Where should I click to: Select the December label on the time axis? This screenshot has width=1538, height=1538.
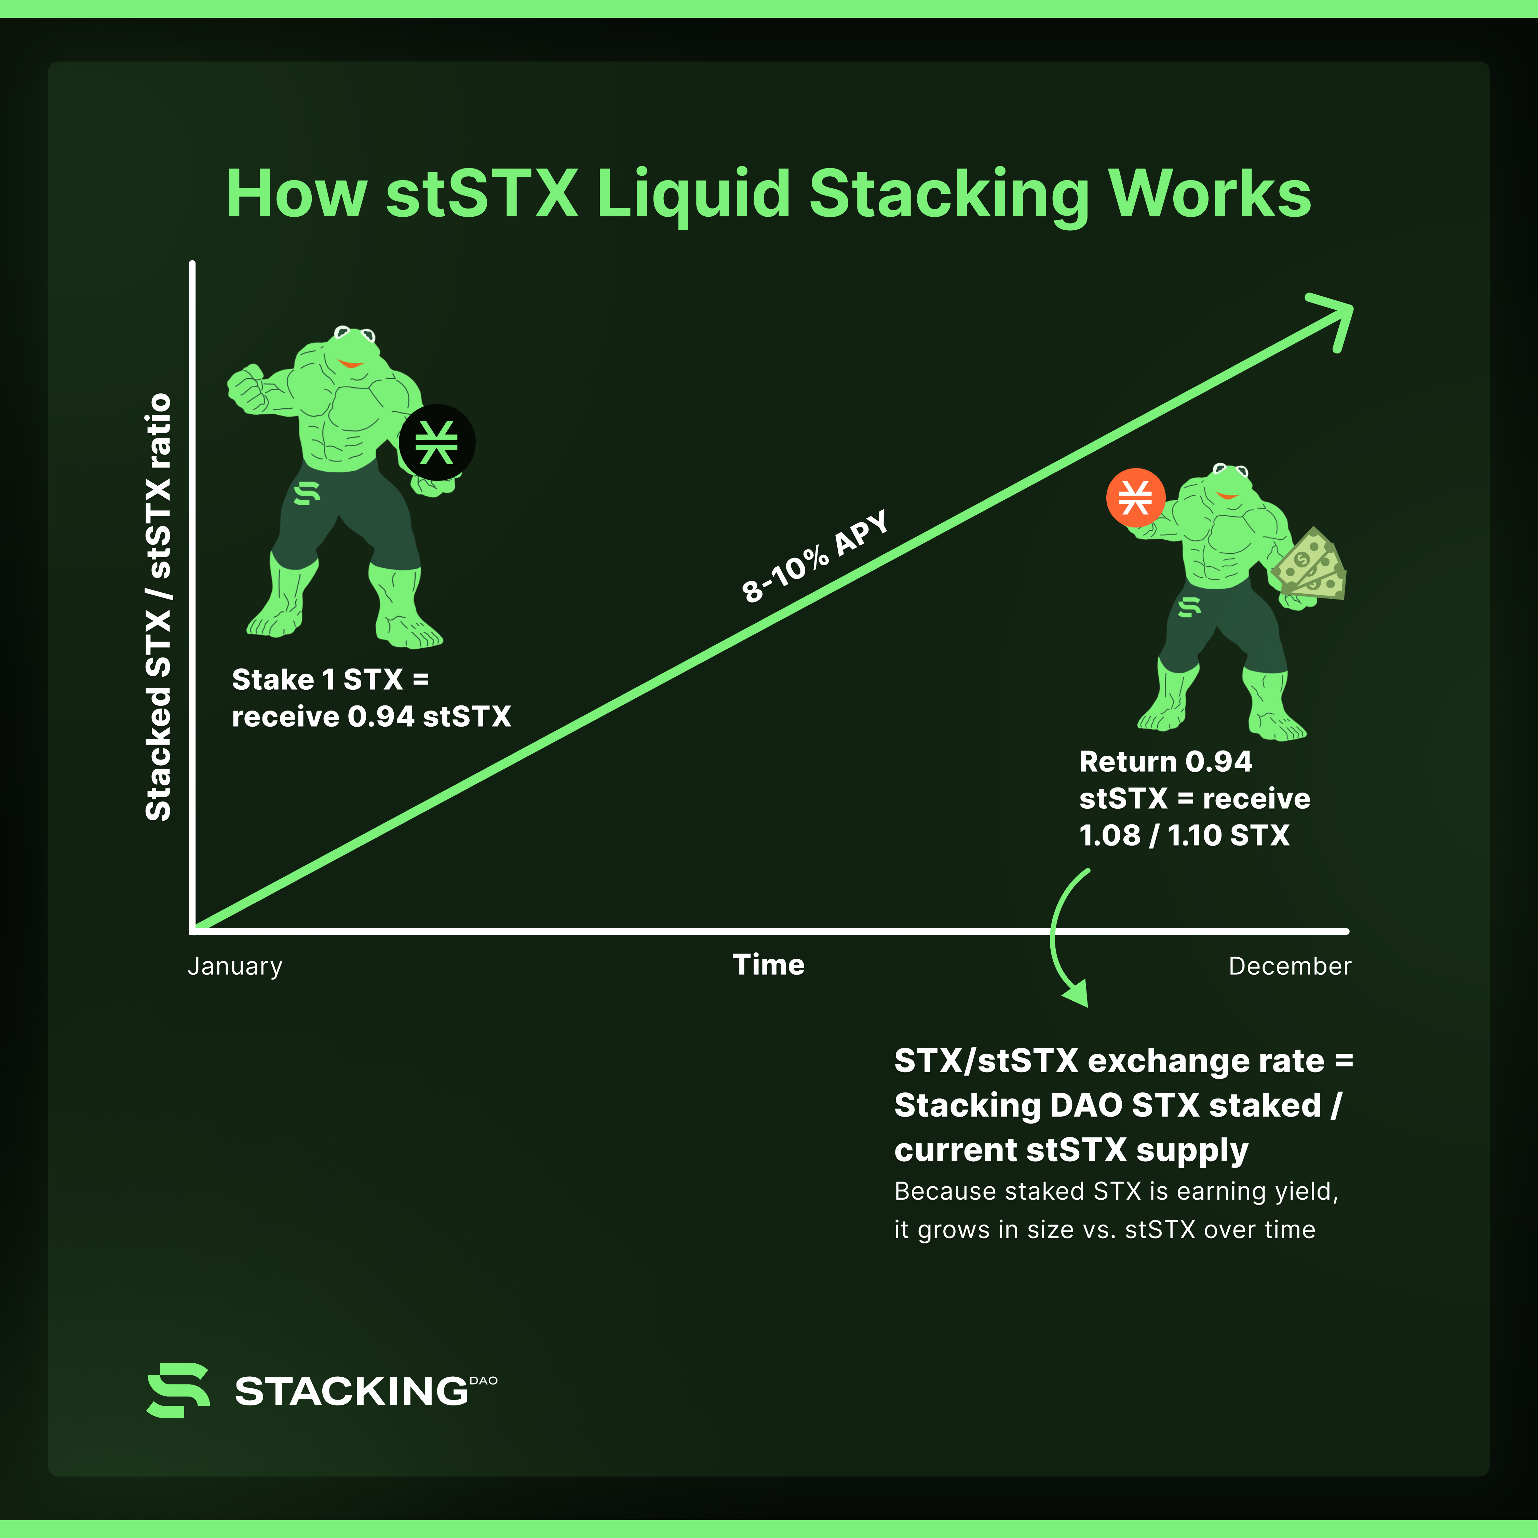[x=1290, y=966]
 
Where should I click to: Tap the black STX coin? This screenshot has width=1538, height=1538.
[x=437, y=443]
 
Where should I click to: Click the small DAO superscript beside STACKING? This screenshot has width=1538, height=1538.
[x=483, y=1380]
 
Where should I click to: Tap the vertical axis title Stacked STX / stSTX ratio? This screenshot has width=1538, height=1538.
[x=159, y=607]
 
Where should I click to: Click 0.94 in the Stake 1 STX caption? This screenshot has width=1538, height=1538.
[x=380, y=716]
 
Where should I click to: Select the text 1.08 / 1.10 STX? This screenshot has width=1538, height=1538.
[x=1184, y=835]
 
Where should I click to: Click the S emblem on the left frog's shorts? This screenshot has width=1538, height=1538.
[x=307, y=494]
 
